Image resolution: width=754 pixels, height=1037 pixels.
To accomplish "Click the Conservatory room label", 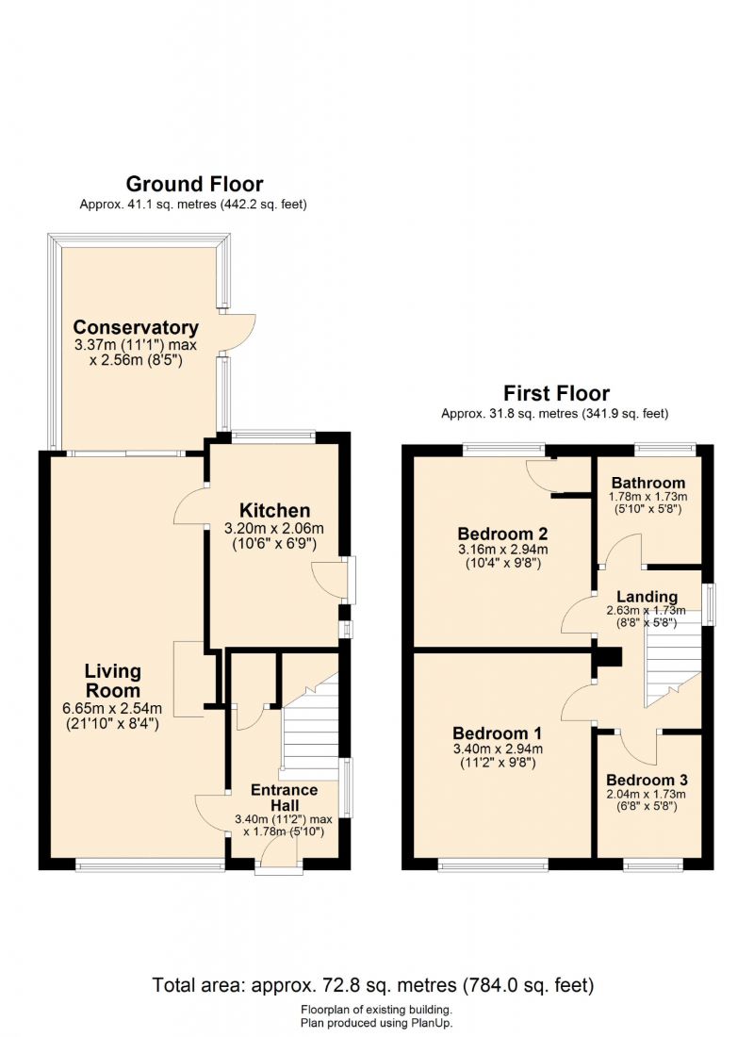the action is [x=136, y=327].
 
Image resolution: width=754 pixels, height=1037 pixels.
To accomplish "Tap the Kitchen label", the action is [x=274, y=511].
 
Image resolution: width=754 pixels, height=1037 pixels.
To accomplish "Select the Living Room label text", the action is [x=112, y=681].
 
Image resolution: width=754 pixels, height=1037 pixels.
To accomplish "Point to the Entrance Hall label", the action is [x=285, y=798].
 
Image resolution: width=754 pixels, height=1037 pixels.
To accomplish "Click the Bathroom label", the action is [x=648, y=483].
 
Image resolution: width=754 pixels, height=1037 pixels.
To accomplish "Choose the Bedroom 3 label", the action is [x=647, y=780].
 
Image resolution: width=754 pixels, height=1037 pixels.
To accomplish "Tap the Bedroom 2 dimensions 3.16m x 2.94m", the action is [x=502, y=550].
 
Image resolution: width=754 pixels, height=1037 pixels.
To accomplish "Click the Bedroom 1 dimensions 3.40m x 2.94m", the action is [x=498, y=749].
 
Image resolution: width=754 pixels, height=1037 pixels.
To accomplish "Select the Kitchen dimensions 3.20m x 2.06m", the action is [x=274, y=529].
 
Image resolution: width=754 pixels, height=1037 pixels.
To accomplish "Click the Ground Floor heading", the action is [x=194, y=184].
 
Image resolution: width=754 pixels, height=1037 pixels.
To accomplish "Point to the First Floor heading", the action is [x=556, y=393].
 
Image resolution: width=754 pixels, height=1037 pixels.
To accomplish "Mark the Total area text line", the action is [x=373, y=985].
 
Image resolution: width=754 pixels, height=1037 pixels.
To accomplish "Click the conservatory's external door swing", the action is [x=239, y=333].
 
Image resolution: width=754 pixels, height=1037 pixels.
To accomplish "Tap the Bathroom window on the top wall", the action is [x=665, y=449].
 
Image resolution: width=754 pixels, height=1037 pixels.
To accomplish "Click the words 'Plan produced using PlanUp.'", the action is [x=376, y=1023].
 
